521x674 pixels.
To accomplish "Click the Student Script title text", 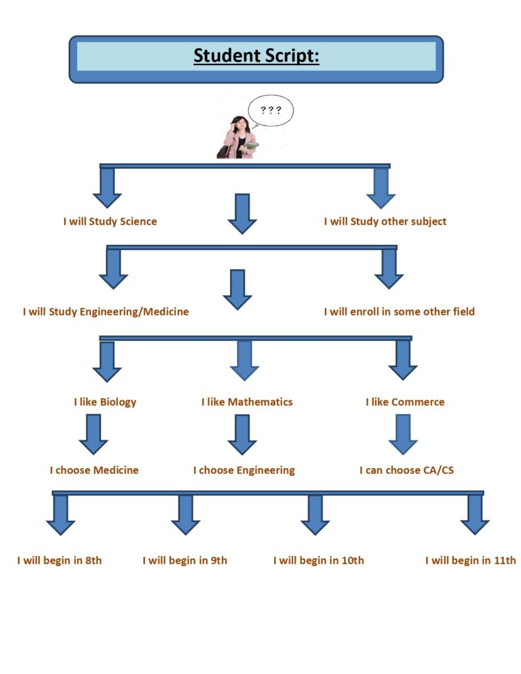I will pyautogui.click(x=256, y=57).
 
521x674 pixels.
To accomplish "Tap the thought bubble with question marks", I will pyautogui.click(x=271, y=111).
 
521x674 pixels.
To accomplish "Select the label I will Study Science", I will pyautogui.click(x=110, y=222).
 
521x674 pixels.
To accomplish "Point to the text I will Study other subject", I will pyautogui.click(x=385, y=222).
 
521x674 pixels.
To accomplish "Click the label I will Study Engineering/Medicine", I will pyautogui.click(x=105, y=312).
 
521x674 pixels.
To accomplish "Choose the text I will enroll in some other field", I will pyautogui.click(x=398, y=312).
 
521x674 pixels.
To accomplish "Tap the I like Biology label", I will pyautogui.click(x=105, y=402).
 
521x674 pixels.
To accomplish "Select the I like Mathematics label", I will pyautogui.click(x=247, y=402).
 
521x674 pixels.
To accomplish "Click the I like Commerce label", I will pyautogui.click(x=405, y=402).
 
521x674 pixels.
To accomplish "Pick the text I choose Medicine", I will pyautogui.click(x=94, y=471).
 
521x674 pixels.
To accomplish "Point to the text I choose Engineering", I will pyautogui.click(x=244, y=471).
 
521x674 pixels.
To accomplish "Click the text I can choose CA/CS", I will pyautogui.click(x=406, y=471).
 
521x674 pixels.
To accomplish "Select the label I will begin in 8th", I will pyautogui.click(x=59, y=561).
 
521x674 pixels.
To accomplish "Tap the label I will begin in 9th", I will pyautogui.click(x=184, y=561).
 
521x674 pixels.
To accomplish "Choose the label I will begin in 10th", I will pyautogui.click(x=318, y=561).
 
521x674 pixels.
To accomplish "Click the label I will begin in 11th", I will pyautogui.click(x=470, y=561).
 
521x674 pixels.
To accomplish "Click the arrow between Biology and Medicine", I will pyautogui.click(x=94, y=434).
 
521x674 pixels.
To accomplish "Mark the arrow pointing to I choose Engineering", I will pyautogui.click(x=242, y=434).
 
